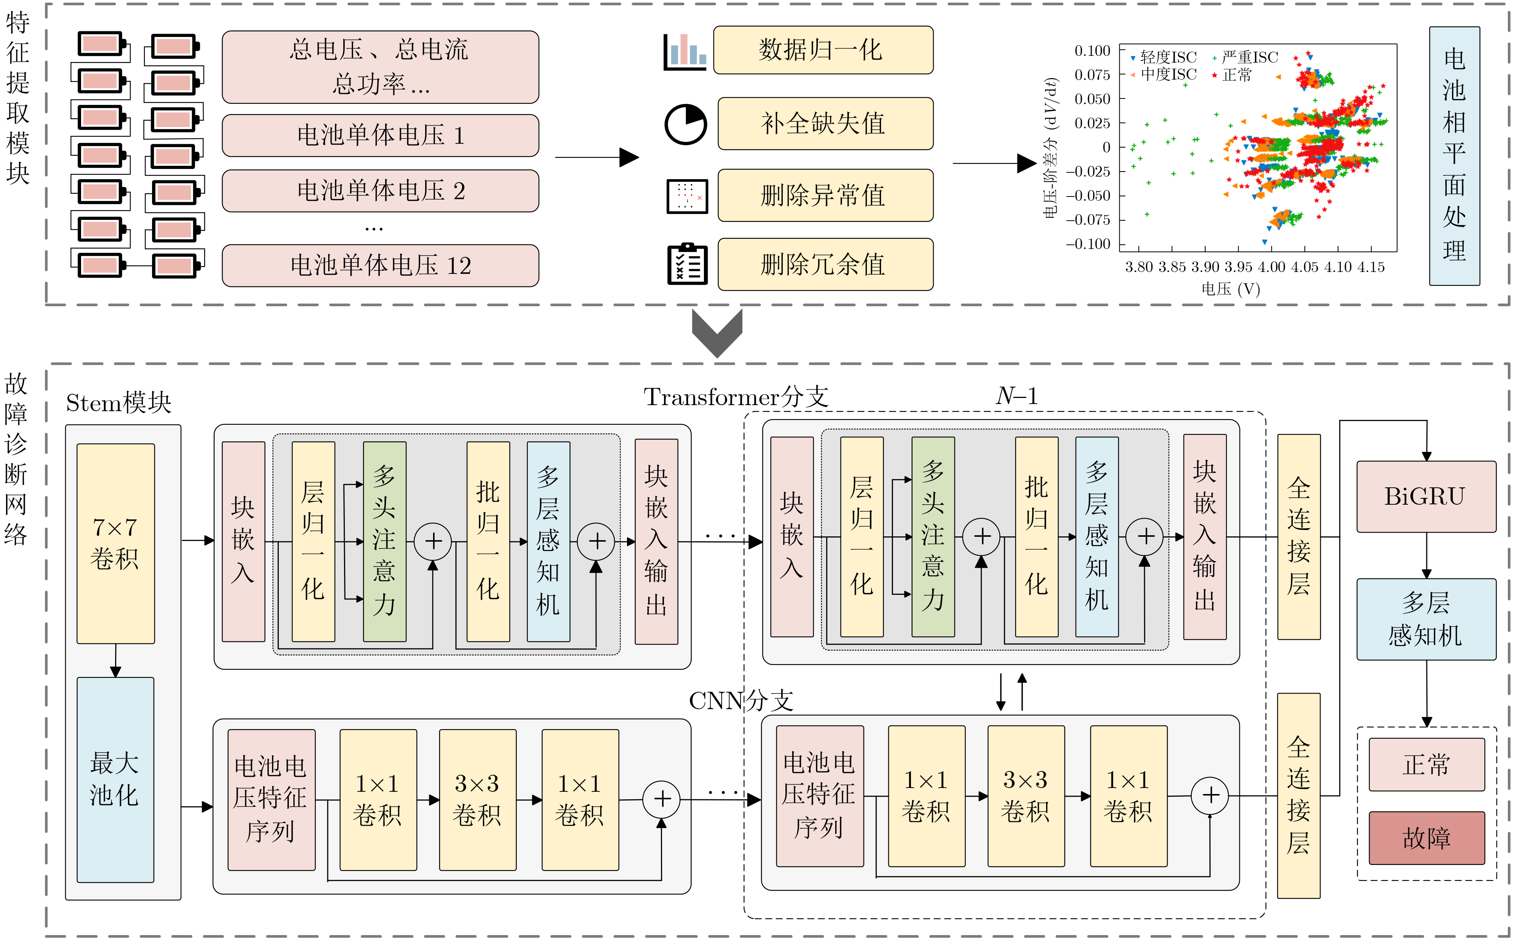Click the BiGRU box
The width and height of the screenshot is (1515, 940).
(1426, 496)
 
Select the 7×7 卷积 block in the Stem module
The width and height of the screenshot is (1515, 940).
(116, 543)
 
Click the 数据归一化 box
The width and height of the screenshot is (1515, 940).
(822, 50)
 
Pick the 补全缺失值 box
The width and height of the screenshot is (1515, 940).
(825, 123)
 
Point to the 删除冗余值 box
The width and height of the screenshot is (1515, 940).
(825, 264)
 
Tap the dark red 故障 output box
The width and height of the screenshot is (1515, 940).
(1426, 837)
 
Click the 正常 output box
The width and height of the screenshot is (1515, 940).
(1426, 764)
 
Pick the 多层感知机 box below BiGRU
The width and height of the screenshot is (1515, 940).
(1426, 619)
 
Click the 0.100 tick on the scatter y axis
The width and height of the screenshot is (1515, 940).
(1092, 51)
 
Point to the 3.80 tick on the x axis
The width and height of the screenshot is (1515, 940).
(1139, 267)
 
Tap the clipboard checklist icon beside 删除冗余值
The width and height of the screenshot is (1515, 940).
(687, 264)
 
